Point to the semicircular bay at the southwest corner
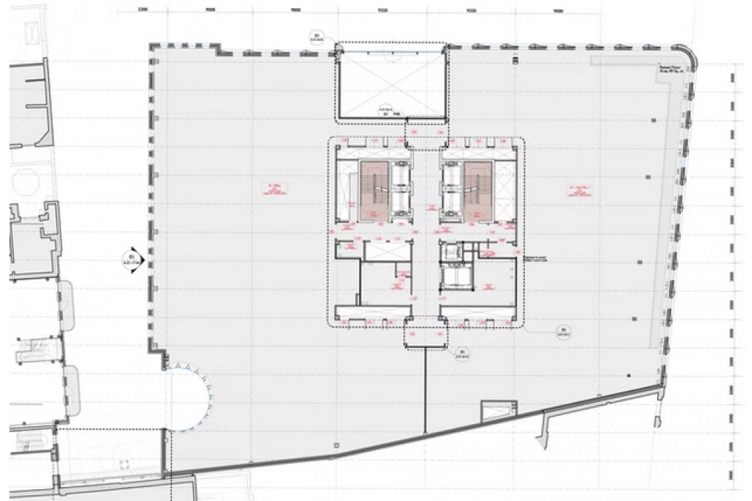click(192, 397)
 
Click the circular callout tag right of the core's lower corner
click(564, 332)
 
